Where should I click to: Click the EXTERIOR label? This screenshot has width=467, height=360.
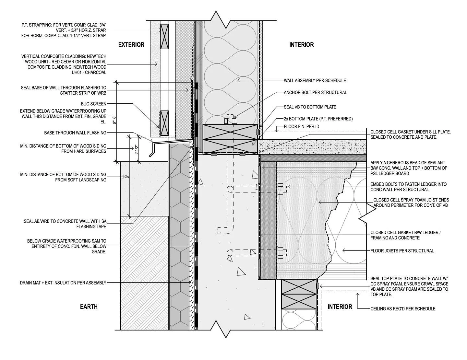[x=131, y=44]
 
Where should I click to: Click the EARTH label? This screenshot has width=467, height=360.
[x=89, y=307]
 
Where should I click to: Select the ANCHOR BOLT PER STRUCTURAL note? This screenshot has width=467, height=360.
[x=315, y=92]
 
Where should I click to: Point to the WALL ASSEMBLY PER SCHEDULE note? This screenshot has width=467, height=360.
[x=315, y=80]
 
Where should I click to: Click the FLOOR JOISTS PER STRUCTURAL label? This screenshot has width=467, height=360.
[x=402, y=250]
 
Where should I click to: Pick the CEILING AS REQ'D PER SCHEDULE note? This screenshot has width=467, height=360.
[x=403, y=309]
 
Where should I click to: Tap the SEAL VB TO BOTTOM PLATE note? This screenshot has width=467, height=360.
[x=310, y=107]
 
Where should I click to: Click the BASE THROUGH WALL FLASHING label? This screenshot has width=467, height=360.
[x=75, y=133]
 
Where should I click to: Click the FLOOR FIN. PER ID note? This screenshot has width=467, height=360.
[x=301, y=126]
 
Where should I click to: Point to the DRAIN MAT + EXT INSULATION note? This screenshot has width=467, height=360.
[x=63, y=283]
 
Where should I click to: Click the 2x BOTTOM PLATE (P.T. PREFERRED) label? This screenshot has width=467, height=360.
[x=318, y=119]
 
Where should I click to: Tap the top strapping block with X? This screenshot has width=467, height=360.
[x=164, y=36]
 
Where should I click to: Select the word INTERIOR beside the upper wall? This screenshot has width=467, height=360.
[x=301, y=44]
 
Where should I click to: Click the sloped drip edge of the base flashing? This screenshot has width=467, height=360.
[x=152, y=151]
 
